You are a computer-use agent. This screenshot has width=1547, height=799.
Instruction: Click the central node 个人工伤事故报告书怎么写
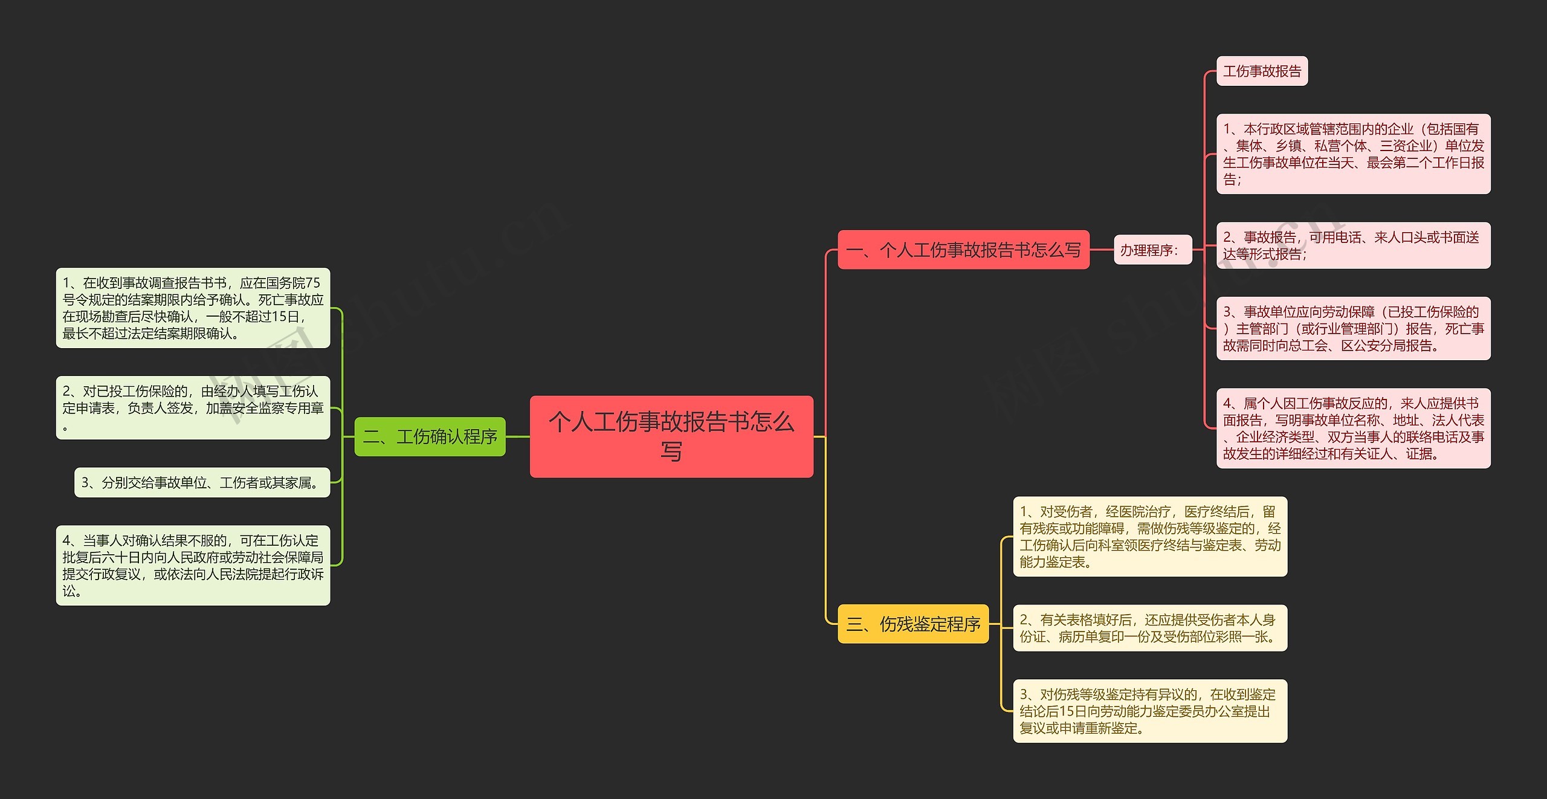[x=671, y=436]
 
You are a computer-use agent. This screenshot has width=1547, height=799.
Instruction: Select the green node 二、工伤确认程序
[x=430, y=436]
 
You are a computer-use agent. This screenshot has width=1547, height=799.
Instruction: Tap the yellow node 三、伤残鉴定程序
[x=912, y=624]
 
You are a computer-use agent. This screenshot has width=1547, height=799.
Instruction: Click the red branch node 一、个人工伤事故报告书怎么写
[x=963, y=250]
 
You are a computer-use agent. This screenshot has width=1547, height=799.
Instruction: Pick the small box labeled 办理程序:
[x=1152, y=250]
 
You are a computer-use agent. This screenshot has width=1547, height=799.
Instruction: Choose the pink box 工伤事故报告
[x=1262, y=71]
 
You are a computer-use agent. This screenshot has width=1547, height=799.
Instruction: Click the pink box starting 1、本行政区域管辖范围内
[x=1353, y=154]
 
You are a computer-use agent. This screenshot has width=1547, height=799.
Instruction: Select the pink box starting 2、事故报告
[x=1353, y=245]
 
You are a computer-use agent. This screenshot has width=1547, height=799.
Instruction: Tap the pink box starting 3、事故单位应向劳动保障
[x=1353, y=329]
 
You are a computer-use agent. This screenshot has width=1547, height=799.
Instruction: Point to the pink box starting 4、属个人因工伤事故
[x=1353, y=429]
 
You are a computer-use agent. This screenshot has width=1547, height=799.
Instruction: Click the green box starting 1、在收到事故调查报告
[x=193, y=308]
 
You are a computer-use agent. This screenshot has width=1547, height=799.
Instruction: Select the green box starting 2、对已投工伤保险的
[x=193, y=408]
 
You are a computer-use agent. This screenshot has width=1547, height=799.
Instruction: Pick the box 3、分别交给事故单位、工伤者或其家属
[x=202, y=482]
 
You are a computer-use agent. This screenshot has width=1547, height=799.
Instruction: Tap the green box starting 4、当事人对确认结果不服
[x=193, y=566]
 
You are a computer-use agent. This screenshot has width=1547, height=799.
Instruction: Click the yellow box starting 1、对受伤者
[x=1149, y=537]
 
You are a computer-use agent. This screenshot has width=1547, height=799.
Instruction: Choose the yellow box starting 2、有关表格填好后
[x=1149, y=628]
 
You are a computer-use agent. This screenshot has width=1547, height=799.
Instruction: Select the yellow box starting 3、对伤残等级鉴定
[x=1149, y=711]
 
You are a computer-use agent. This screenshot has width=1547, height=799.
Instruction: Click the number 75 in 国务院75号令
[x=312, y=283]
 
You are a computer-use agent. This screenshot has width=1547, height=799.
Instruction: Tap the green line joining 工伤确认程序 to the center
[x=517, y=436]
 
